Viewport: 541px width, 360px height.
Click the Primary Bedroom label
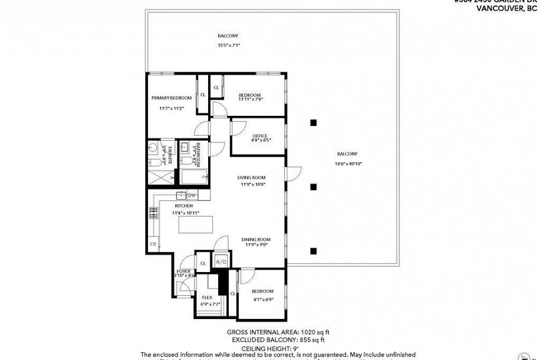point(171,97)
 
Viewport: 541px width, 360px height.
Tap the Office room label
point(260,136)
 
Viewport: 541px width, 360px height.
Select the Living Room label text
point(251,178)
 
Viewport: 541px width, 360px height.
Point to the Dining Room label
point(256,239)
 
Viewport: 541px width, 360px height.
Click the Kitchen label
point(184,206)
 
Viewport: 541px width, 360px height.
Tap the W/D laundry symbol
point(221,262)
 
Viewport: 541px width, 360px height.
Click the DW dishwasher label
point(191,195)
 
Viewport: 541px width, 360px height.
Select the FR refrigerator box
point(153,244)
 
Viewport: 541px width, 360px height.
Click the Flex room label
point(207,298)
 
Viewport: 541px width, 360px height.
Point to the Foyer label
point(184,271)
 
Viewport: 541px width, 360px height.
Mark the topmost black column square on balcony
point(313,123)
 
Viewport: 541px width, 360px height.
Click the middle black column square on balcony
point(313,187)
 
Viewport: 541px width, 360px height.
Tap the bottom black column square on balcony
point(313,250)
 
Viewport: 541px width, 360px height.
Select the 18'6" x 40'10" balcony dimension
point(347,163)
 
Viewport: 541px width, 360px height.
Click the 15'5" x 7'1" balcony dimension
point(229,45)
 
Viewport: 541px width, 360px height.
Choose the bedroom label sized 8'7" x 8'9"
point(262,291)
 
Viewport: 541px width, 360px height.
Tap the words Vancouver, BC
point(515,8)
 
